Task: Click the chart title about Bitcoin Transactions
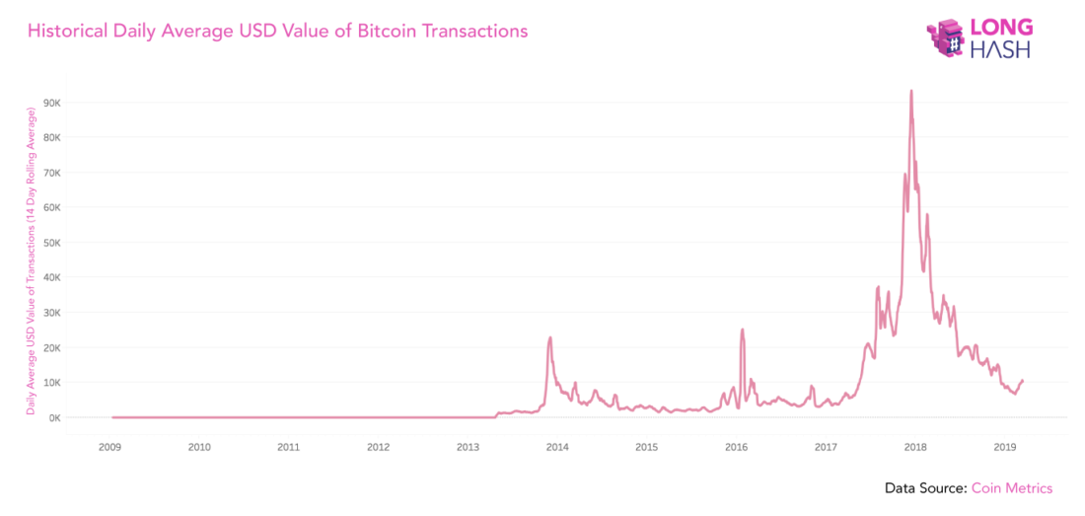(277, 32)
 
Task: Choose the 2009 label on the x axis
(110, 447)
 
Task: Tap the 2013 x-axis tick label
(468, 447)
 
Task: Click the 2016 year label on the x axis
(736, 447)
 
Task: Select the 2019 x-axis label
(1004, 447)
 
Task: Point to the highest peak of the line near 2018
(910, 91)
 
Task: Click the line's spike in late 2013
(549, 337)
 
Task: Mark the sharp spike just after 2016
(742, 330)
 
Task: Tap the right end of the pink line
(1023, 380)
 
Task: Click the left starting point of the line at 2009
(112, 416)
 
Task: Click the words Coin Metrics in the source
(1011, 488)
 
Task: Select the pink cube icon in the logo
(948, 37)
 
